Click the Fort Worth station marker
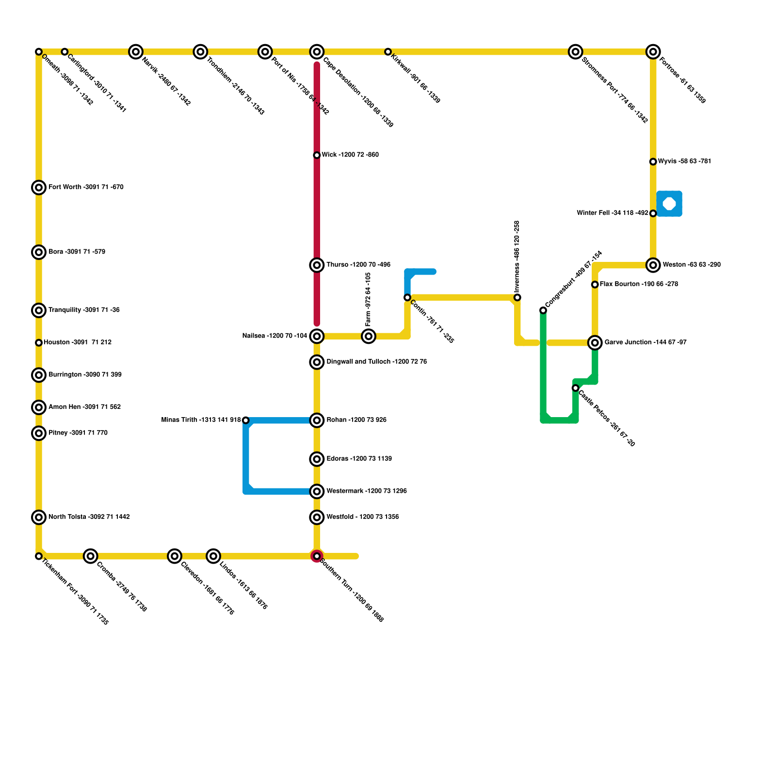[x=39, y=187]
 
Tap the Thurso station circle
[x=317, y=265]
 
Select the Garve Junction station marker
[x=595, y=343]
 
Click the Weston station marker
[x=653, y=265]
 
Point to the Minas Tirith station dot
[x=245, y=420]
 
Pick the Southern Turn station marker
[x=317, y=556]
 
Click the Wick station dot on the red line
[x=317, y=155]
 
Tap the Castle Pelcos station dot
[x=575, y=388]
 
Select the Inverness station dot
[x=517, y=297]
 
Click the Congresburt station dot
[x=543, y=310]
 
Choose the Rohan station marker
[x=317, y=420]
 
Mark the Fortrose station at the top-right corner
[x=653, y=51]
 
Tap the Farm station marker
[x=369, y=336]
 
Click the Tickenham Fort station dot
[x=39, y=556]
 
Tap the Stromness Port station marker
[x=576, y=51]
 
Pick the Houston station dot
[x=39, y=343]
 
